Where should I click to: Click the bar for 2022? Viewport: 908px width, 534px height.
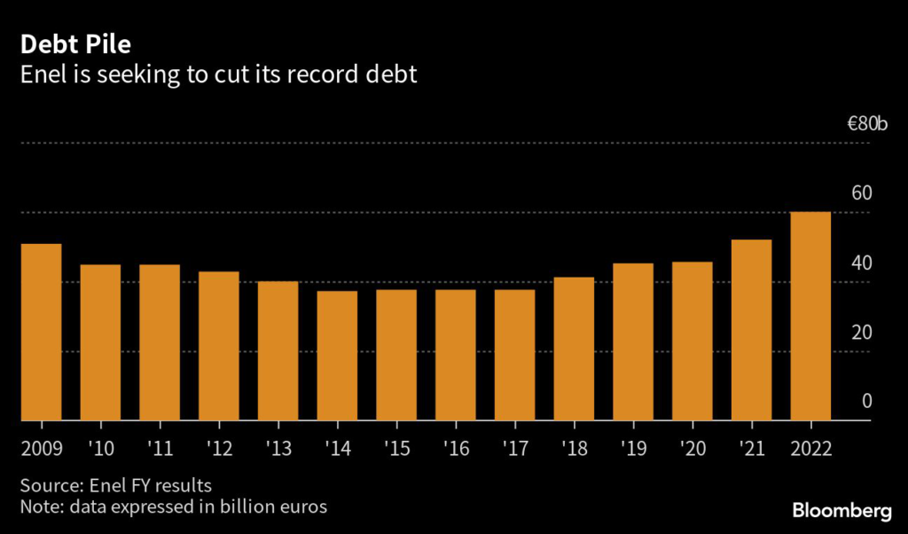(810, 316)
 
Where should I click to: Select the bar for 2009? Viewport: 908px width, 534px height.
(41, 332)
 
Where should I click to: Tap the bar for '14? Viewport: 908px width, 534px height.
(337, 356)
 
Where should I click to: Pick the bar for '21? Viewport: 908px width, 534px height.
(751, 330)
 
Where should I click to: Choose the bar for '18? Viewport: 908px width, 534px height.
(574, 349)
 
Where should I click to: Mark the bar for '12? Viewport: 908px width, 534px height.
(218, 346)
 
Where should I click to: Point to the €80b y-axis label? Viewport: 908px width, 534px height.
(866, 123)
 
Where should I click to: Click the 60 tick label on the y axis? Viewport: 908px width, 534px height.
(862, 193)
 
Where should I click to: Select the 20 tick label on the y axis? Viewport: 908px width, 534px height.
(862, 332)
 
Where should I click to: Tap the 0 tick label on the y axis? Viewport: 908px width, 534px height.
(867, 401)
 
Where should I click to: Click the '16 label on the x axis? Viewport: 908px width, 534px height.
(456, 447)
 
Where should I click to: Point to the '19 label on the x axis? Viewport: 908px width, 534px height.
(633, 447)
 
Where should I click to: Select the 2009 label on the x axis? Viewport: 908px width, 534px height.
(41, 447)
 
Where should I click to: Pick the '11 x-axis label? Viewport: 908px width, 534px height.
(160, 447)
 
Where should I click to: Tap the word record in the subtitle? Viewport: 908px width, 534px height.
(302, 75)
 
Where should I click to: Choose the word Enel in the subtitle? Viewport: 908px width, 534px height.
(42, 75)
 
